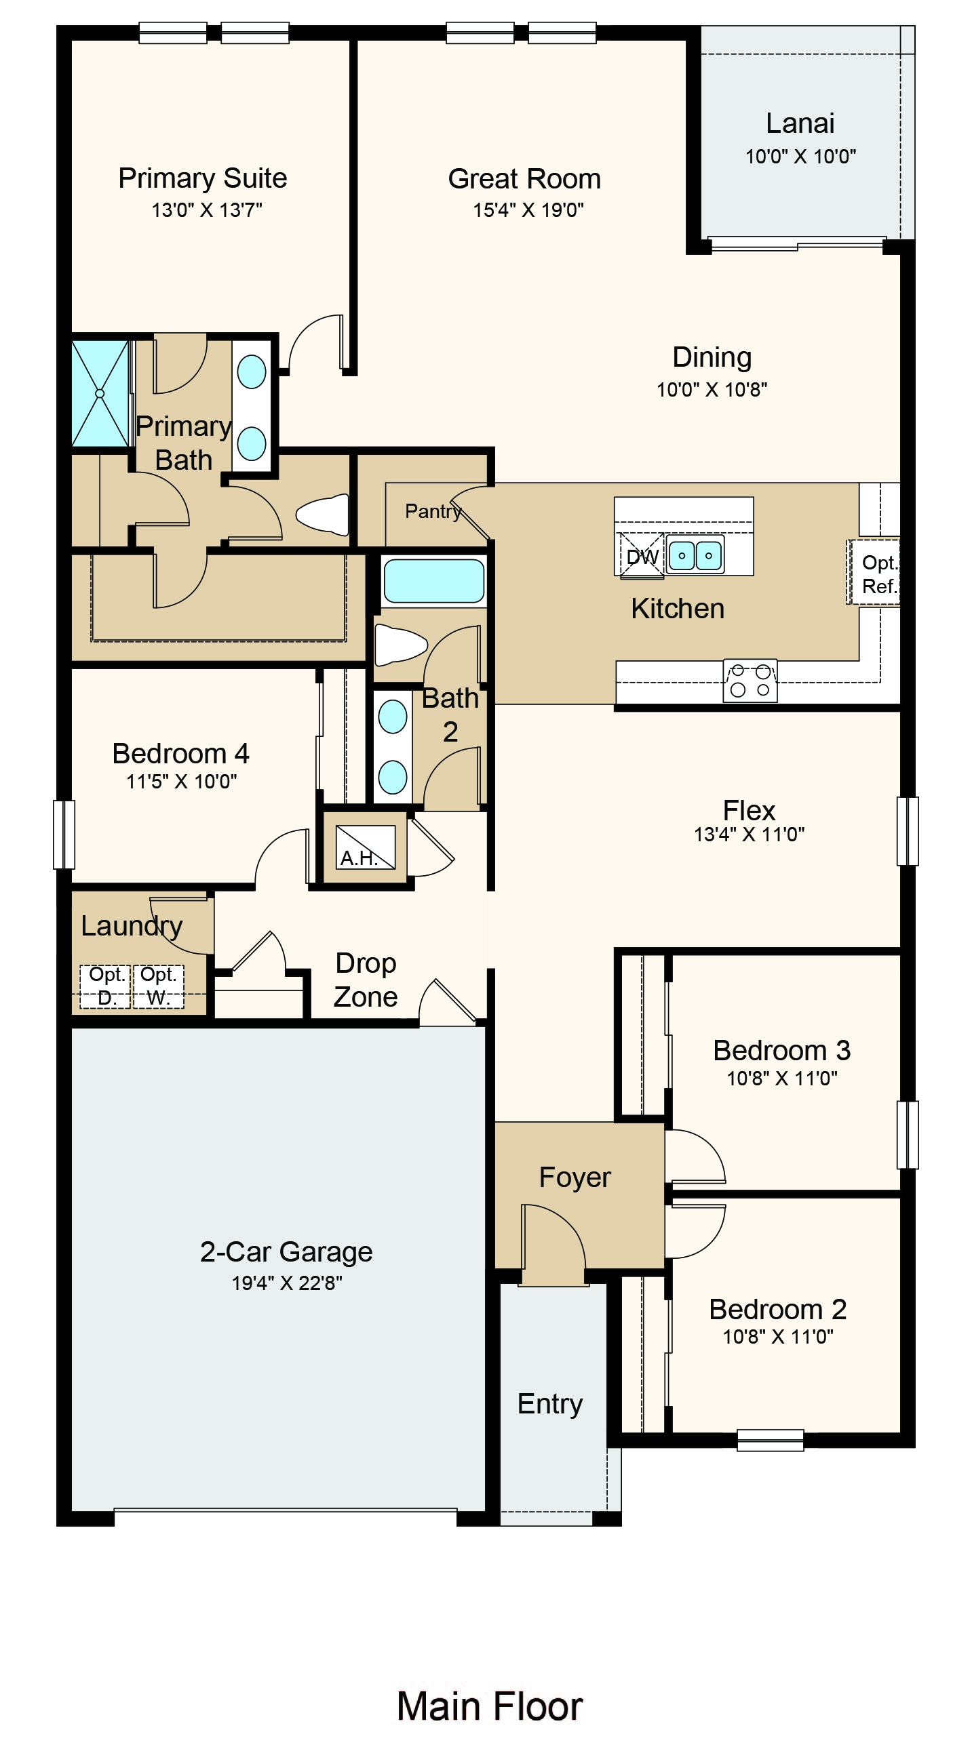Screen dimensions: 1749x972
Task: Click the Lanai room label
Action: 800,123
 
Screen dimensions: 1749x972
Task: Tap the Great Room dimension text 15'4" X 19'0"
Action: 528,209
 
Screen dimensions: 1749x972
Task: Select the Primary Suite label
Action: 202,178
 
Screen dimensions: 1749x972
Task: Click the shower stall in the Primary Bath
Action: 100,393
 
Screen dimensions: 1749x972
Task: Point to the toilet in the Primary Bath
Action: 324,514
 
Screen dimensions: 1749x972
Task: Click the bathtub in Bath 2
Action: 433,581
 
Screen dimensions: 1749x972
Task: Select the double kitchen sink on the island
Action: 695,555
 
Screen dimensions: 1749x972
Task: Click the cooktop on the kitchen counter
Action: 750,681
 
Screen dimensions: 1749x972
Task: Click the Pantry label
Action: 432,510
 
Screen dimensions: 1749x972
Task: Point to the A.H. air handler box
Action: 365,847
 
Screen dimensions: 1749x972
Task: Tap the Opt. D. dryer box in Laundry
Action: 106,986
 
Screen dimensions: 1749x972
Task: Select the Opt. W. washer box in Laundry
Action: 158,986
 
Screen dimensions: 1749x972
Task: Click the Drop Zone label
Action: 366,980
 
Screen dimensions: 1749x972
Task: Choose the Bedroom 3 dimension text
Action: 781,1078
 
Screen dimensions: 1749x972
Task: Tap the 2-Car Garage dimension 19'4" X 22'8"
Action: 287,1283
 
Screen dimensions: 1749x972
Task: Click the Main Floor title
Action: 489,1706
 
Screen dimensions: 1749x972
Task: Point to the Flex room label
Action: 749,810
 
